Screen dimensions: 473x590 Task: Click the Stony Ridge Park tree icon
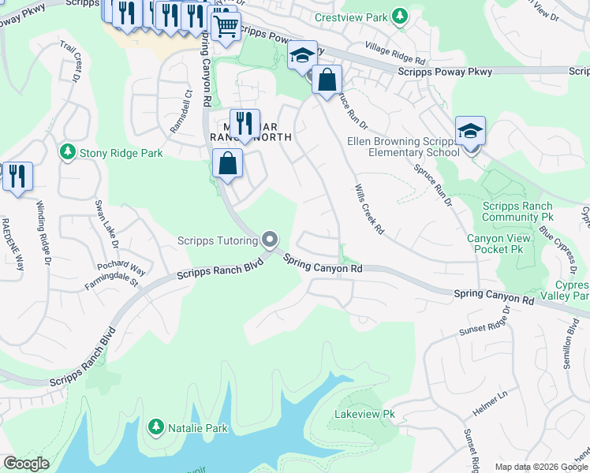(69, 151)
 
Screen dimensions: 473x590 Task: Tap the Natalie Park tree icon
(156, 428)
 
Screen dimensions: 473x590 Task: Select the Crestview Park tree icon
(401, 17)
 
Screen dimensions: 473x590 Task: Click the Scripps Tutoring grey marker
(270, 240)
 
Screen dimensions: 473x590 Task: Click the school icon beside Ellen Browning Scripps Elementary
(470, 131)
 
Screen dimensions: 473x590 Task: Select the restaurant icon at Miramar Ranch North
(245, 123)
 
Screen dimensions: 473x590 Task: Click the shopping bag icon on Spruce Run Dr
(326, 80)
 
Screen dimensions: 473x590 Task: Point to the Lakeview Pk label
(364, 414)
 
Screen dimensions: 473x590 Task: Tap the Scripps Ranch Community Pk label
(517, 211)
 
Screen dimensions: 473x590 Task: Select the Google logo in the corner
(27, 464)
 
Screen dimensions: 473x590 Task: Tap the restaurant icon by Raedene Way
(17, 175)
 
